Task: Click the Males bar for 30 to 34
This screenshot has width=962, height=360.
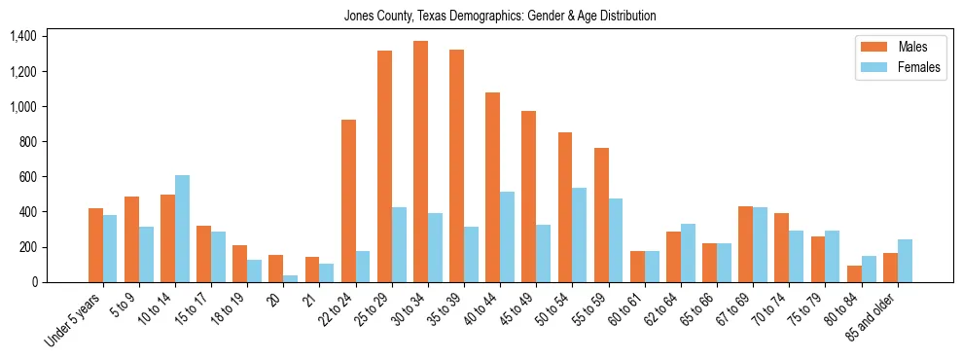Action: coord(420,162)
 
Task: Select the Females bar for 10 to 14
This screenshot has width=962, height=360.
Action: coord(182,229)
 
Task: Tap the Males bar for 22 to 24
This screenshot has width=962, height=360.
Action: coord(348,200)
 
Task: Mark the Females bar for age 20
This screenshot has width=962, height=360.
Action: coord(290,278)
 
